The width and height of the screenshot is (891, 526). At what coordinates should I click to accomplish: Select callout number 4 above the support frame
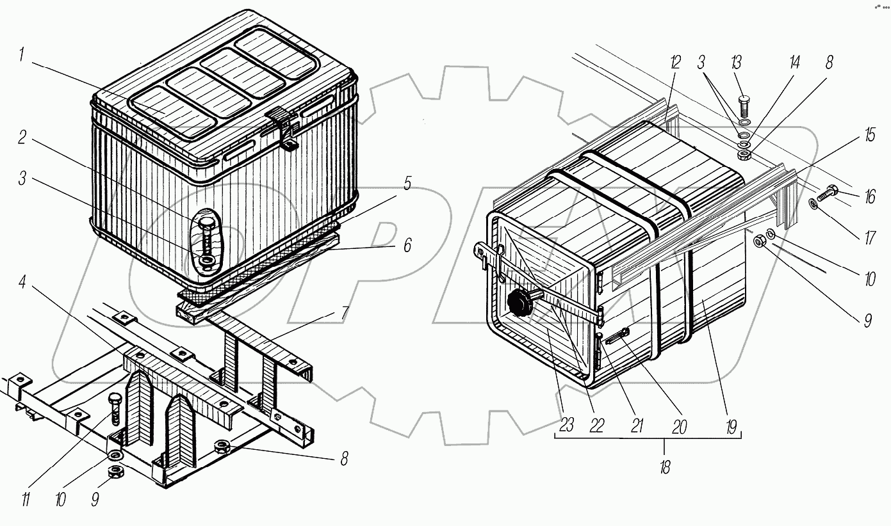coord(23,282)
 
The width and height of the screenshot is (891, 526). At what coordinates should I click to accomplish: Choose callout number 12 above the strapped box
coord(675,63)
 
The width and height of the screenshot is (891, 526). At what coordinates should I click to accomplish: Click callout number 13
coord(736,63)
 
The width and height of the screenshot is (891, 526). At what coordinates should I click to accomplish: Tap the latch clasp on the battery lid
coord(282,127)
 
